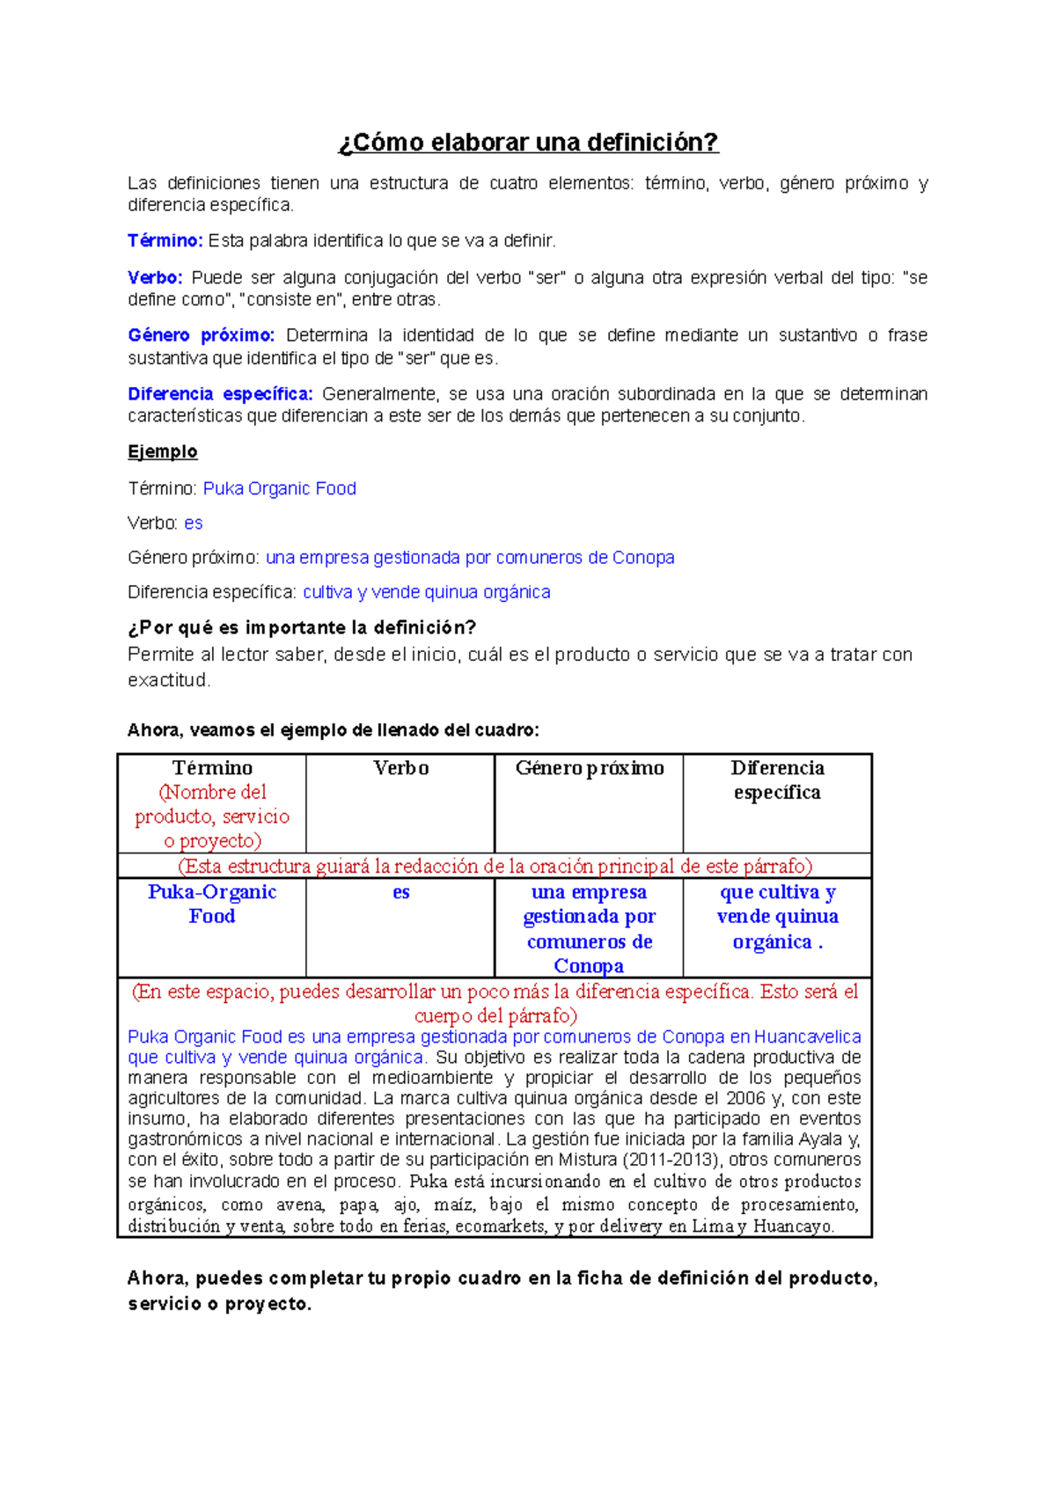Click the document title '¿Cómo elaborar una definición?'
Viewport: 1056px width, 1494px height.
[x=528, y=143]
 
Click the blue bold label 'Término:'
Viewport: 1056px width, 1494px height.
[x=165, y=241]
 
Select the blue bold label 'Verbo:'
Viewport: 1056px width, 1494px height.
[x=155, y=278]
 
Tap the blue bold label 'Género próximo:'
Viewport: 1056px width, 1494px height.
[x=201, y=335]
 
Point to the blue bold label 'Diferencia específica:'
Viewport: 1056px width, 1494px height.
[x=220, y=394]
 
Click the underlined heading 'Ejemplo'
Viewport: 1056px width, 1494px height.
[x=163, y=451]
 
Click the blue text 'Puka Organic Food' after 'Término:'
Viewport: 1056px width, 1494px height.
[x=279, y=488]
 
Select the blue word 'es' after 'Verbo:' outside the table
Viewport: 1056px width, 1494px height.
[x=194, y=524]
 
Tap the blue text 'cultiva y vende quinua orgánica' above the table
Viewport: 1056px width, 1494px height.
[x=427, y=592]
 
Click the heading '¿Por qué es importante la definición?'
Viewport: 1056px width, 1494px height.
[x=302, y=627]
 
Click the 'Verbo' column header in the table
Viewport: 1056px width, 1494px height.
[x=400, y=768]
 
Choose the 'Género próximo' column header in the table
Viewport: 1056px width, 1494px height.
[x=590, y=768]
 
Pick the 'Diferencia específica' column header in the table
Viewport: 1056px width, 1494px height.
[x=777, y=780]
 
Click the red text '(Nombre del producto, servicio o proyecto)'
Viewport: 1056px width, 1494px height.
[x=212, y=817]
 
